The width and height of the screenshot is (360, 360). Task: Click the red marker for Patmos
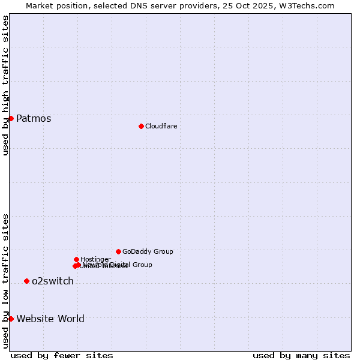coord(11,118)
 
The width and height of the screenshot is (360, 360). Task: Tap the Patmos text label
coord(34,119)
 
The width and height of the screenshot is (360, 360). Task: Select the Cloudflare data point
coord(141,126)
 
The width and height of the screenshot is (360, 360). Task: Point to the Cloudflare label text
coord(161,126)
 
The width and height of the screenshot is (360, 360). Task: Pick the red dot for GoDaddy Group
coord(118,251)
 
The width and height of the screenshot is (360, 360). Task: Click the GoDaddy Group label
coord(148,251)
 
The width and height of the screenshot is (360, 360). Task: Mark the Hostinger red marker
coord(76,259)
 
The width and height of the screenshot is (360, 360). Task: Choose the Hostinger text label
coord(95,259)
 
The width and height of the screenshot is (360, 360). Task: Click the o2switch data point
coord(26,281)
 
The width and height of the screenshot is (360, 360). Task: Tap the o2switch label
coord(53,281)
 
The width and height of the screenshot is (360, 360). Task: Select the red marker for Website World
coord(11,319)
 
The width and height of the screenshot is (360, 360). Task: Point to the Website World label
coord(50,319)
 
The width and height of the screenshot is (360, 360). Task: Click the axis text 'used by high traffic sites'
coord(5,85)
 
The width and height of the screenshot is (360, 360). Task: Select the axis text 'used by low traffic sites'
coord(5,280)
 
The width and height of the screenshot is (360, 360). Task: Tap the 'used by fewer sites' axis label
coord(62,355)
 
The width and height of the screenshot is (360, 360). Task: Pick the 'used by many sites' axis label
coord(301,355)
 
